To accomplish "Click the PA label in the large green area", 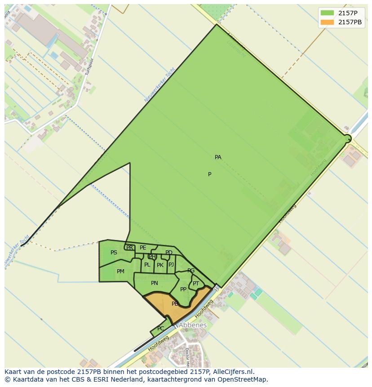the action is pyautogui.click(x=218, y=157).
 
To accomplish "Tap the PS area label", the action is pyautogui.click(x=114, y=253).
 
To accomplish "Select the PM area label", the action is pyautogui.click(x=120, y=271).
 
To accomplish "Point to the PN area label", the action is pyautogui.click(x=155, y=283).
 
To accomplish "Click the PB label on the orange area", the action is pyautogui.click(x=175, y=304).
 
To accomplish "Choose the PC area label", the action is pyautogui.click(x=160, y=329).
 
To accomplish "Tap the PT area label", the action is pyautogui.click(x=196, y=284).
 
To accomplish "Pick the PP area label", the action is pyautogui.click(x=183, y=289).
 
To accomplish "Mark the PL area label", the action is pyautogui.click(x=147, y=265).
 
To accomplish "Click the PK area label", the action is pyautogui.click(x=160, y=265).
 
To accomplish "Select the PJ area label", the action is pyautogui.click(x=171, y=264).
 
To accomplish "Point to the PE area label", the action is pyautogui.click(x=143, y=248).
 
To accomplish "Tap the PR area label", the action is pyautogui.click(x=129, y=248).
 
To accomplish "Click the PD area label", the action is pyautogui.click(x=169, y=253).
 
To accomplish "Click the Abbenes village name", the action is pyautogui.click(x=193, y=325).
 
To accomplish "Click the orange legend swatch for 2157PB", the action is pyautogui.click(x=327, y=22).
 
